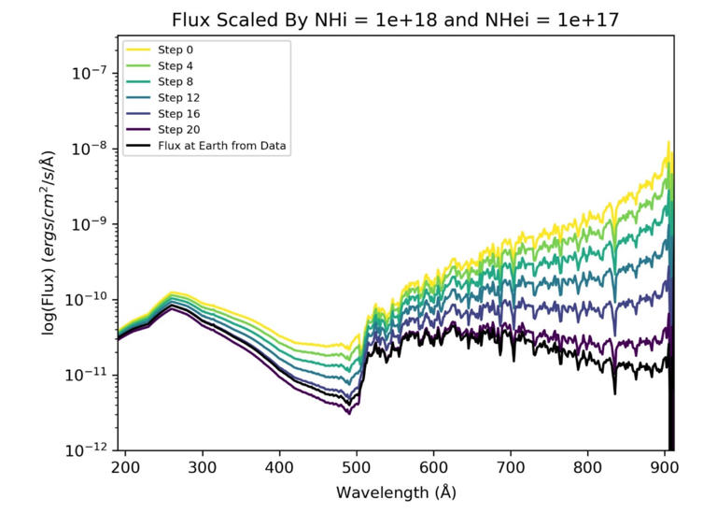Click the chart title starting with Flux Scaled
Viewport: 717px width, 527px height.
point(396,20)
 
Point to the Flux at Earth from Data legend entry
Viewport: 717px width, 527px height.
point(221,146)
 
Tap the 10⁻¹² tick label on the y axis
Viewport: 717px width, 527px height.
point(90,450)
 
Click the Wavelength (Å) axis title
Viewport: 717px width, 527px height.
point(396,491)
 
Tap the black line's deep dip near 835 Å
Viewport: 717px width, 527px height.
point(614,392)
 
